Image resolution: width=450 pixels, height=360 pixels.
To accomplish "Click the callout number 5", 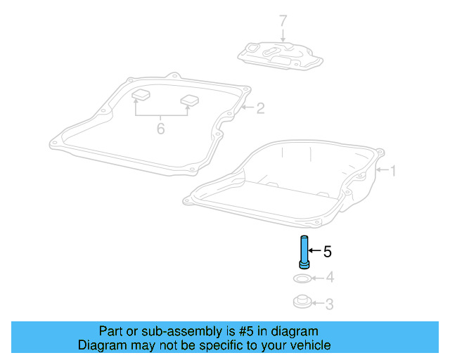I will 326,250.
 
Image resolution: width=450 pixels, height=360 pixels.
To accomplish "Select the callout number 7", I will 283,21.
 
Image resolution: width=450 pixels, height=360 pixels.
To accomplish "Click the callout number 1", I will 394,170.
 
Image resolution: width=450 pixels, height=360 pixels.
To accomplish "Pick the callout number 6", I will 161,129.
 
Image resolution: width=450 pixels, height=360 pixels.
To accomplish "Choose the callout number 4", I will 329,278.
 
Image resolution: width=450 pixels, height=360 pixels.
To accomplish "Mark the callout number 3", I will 329,304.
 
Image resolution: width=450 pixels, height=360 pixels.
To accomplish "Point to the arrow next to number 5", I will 315,250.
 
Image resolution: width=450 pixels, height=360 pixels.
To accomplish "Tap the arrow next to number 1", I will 382,170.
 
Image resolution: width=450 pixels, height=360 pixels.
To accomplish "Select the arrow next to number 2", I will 247,108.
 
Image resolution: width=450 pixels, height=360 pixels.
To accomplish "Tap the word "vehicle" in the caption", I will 309,345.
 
